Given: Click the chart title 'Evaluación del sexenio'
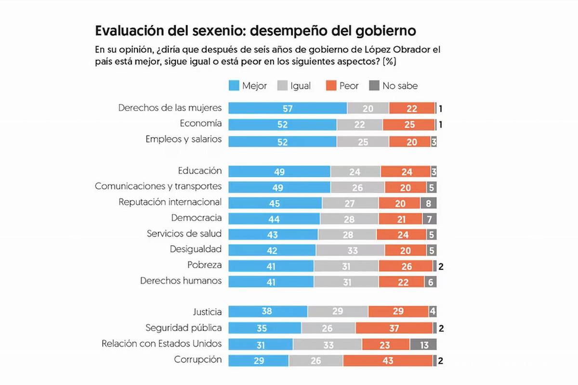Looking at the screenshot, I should (x=255, y=31).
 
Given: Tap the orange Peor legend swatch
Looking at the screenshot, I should (x=331, y=86).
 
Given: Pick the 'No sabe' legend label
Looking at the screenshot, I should (x=400, y=86).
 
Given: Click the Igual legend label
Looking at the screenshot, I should (x=301, y=86).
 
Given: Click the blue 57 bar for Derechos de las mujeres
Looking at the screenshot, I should (x=288, y=108).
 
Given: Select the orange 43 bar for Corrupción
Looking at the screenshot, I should (x=388, y=360).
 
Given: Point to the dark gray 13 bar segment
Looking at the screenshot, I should (x=423, y=345).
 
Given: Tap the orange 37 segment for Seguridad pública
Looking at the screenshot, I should (x=394, y=329).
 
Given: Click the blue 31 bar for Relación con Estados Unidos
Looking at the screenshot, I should (x=261, y=345).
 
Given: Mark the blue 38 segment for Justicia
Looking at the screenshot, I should (x=268, y=312).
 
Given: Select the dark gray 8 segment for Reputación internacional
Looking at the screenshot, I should (x=429, y=203).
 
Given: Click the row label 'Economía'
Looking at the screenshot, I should (x=201, y=124).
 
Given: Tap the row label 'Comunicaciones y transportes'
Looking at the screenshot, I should (x=158, y=186).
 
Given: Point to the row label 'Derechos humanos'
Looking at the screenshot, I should (x=181, y=281).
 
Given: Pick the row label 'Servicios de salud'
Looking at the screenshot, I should (x=184, y=234).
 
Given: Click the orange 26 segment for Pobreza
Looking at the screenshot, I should (x=406, y=266).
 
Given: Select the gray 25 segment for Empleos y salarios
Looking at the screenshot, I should (x=363, y=141).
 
